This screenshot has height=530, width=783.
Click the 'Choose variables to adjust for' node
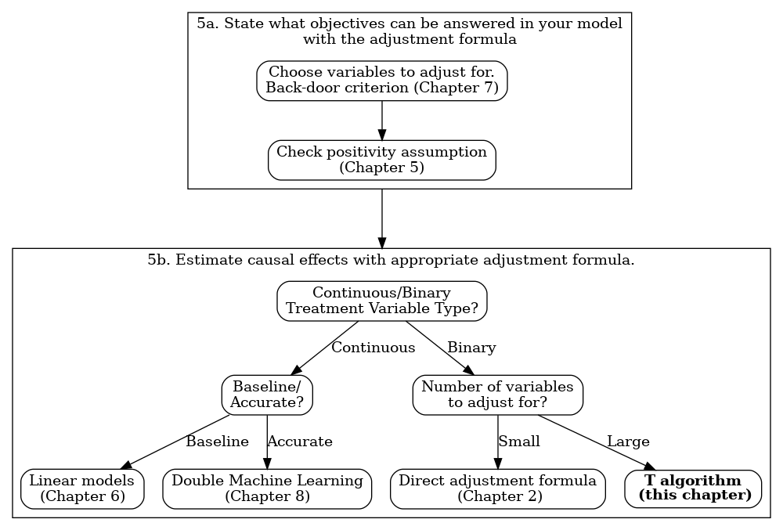(x=382, y=80)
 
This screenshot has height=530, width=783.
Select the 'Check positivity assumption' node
(x=382, y=160)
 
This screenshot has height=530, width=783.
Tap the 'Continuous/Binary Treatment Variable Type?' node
(x=382, y=301)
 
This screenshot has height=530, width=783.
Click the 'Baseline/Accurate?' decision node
(x=267, y=395)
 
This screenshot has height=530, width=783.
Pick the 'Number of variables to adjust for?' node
(x=497, y=395)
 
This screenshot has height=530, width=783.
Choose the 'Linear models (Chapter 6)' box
(x=82, y=489)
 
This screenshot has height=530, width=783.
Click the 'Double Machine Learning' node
(x=267, y=489)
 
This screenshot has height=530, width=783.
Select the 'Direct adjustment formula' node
(x=497, y=489)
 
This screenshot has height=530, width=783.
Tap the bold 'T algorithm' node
(x=693, y=489)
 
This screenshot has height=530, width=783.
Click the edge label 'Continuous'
(x=373, y=348)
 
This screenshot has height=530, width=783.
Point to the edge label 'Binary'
(x=471, y=348)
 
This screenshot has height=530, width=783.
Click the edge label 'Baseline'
(x=217, y=442)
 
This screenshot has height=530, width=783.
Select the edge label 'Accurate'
(x=300, y=442)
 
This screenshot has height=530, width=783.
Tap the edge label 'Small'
(x=519, y=442)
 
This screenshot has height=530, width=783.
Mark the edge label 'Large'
(x=628, y=442)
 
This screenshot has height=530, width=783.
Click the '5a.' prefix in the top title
(x=207, y=23)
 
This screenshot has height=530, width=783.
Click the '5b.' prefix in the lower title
(x=159, y=260)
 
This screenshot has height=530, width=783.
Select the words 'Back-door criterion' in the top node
(x=337, y=88)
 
